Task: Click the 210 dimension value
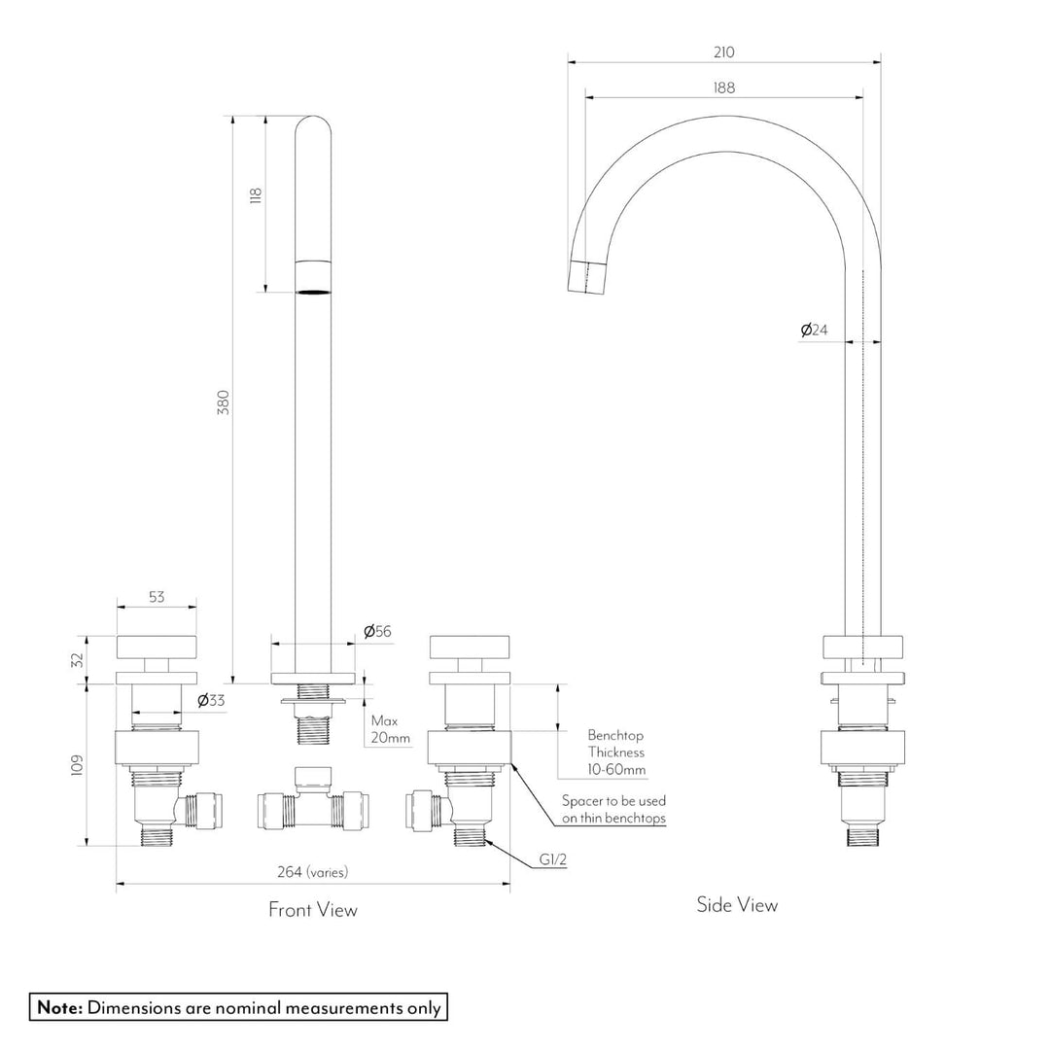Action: pyautogui.click(x=723, y=52)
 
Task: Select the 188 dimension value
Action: pyautogui.click(x=723, y=87)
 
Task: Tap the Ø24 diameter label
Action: pyautogui.click(x=814, y=331)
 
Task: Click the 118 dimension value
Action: pyautogui.click(x=256, y=195)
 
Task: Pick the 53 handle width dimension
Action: pyautogui.click(x=156, y=598)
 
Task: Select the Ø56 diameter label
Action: pyautogui.click(x=377, y=632)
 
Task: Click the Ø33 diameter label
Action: pyautogui.click(x=211, y=700)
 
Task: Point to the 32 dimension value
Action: pyautogui.click(x=78, y=659)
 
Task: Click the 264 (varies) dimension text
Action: pyautogui.click(x=312, y=872)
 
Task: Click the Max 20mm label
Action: pyautogui.click(x=390, y=729)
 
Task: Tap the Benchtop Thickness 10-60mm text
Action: pyautogui.click(x=615, y=752)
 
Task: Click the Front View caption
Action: pyautogui.click(x=312, y=910)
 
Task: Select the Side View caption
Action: pyautogui.click(x=737, y=905)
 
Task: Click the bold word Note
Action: pyautogui.click(x=59, y=1007)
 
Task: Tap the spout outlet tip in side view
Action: pyautogui.click(x=587, y=277)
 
